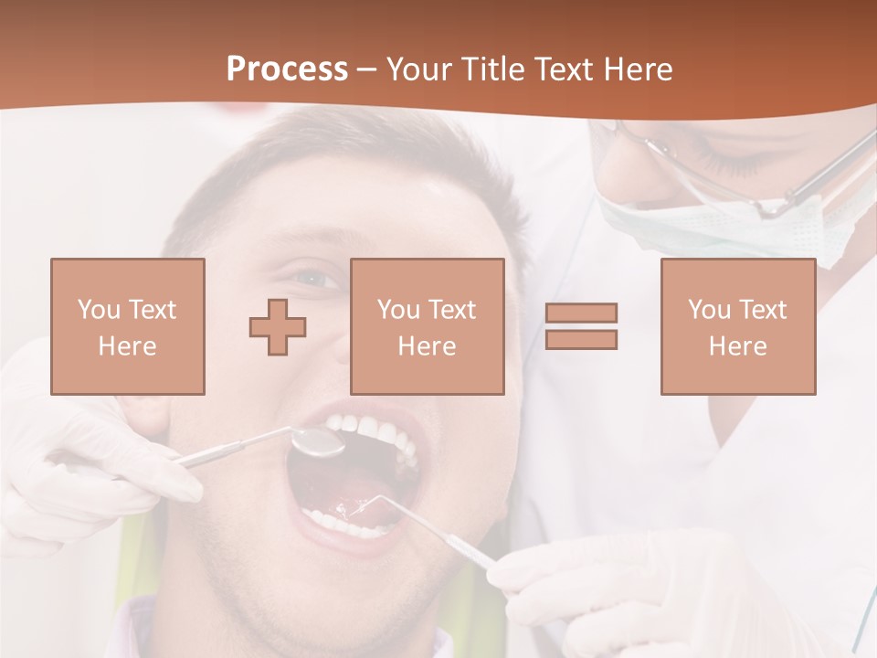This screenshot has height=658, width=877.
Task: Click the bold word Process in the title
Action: pyautogui.click(x=287, y=69)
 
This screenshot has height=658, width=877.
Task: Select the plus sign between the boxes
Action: pyautogui.click(x=278, y=326)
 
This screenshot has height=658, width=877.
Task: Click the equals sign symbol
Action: pyautogui.click(x=581, y=326)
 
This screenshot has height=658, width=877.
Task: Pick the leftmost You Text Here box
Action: pyautogui.click(x=128, y=326)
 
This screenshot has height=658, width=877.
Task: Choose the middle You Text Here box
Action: pyautogui.click(x=427, y=326)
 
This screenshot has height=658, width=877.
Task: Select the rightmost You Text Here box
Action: pyautogui.click(x=737, y=326)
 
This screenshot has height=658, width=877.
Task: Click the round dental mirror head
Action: pyautogui.click(x=317, y=442)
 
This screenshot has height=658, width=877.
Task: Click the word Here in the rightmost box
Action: pyautogui.click(x=737, y=346)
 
